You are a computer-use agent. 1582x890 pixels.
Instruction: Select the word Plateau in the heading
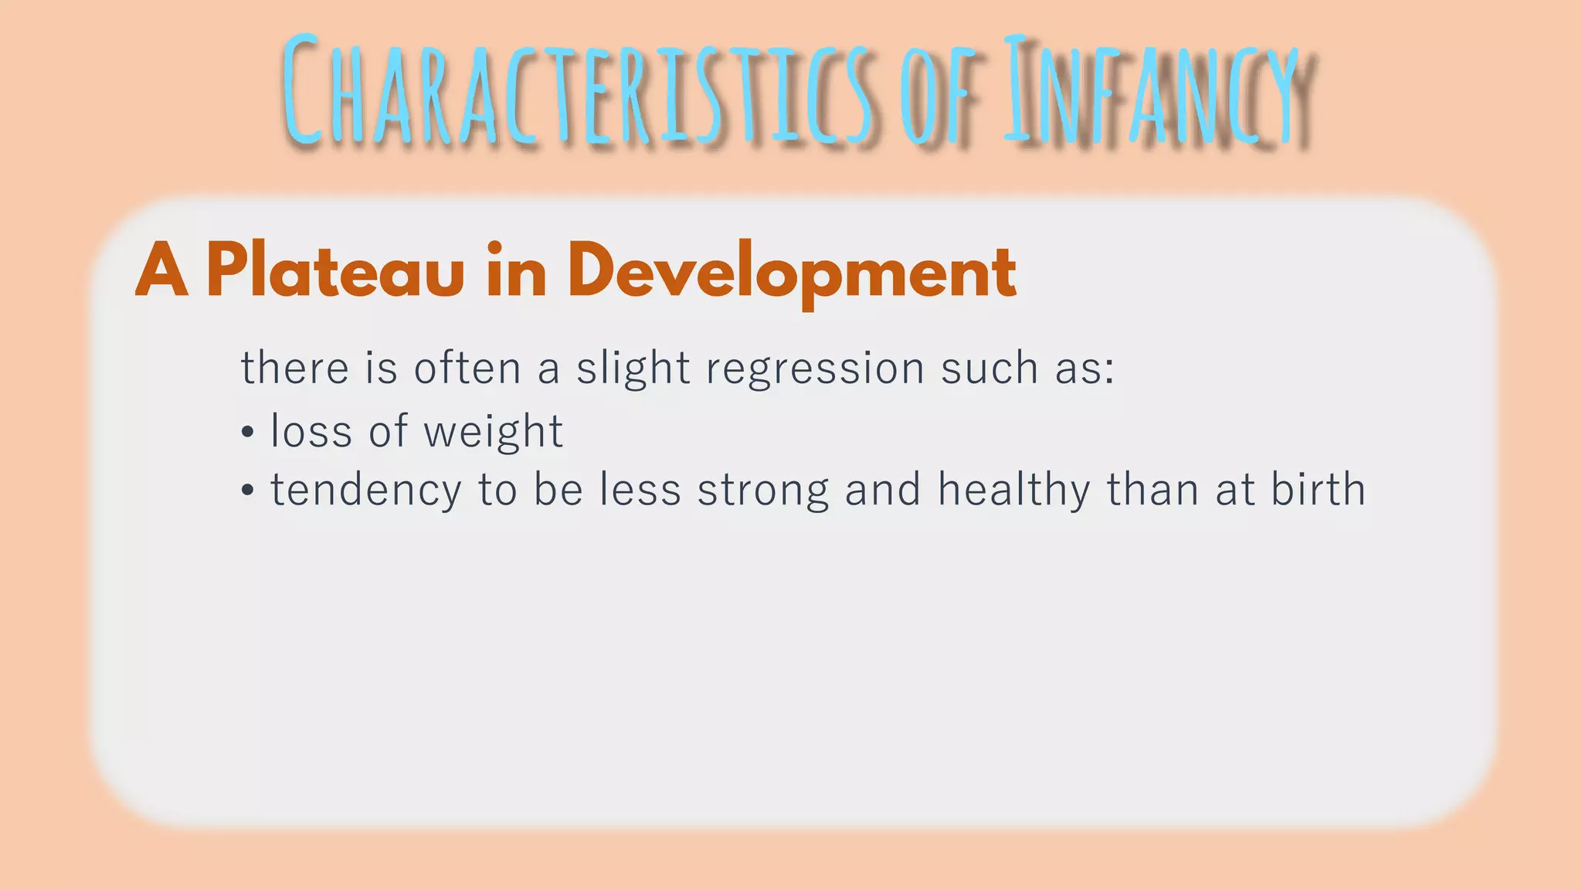pos(335,271)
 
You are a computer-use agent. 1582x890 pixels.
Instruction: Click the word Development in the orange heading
pos(792,271)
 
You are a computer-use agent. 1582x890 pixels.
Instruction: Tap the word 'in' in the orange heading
pos(516,271)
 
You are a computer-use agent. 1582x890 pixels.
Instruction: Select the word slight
pos(633,369)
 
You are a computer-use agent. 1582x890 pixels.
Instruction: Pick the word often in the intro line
pos(467,367)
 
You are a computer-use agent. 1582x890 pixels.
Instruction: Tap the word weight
pos(494,432)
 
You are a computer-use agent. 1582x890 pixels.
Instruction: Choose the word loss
pos(311,430)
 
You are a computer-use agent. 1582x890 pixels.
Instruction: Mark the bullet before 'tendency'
pos(247,491)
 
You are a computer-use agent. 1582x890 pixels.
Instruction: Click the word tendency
pos(365,491)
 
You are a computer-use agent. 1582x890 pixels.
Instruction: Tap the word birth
pos(1318,489)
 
